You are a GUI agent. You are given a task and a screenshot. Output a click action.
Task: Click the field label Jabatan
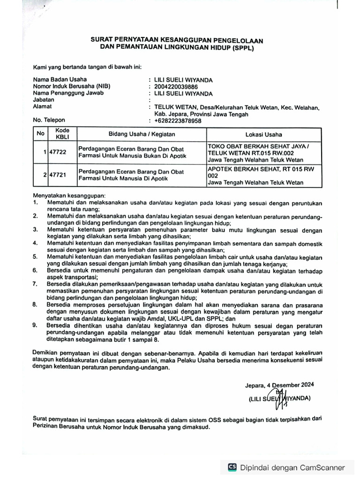click(x=43, y=100)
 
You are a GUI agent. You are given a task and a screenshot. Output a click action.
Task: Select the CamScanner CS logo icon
click(x=232, y=467)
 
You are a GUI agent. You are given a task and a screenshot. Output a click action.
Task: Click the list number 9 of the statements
click(x=35, y=325)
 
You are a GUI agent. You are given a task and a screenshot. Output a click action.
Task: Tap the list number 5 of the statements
click(x=35, y=257)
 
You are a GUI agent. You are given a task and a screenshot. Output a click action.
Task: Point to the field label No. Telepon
click(x=49, y=120)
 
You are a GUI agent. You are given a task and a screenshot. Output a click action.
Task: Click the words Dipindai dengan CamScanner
click(x=292, y=467)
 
